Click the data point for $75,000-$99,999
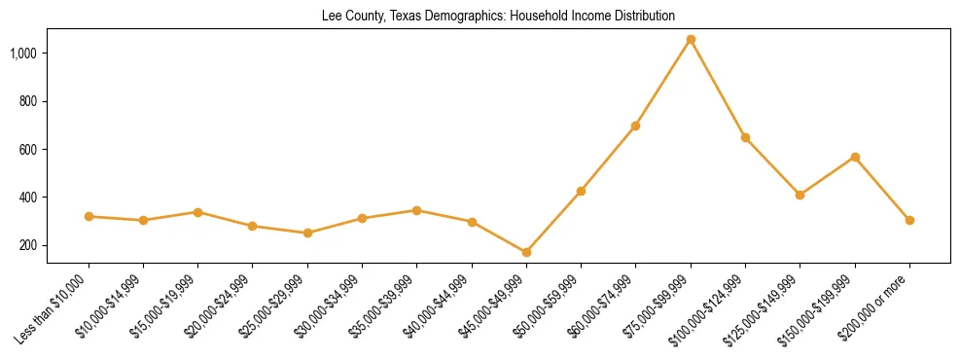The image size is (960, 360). pyautogui.click(x=691, y=40)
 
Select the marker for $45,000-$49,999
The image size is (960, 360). pyautogui.click(x=526, y=252)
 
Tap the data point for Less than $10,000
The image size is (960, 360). pyautogui.click(x=89, y=216)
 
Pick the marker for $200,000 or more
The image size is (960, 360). pyautogui.click(x=909, y=220)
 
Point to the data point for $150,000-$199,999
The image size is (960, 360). pyautogui.click(x=855, y=157)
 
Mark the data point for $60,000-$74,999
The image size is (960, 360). pyautogui.click(x=635, y=126)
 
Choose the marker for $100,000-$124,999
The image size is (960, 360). pyautogui.click(x=745, y=137)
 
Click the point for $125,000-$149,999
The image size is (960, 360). pyautogui.click(x=800, y=195)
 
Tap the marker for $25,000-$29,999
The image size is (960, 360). pyautogui.click(x=307, y=233)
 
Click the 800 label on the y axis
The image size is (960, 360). pyautogui.click(x=40, y=101)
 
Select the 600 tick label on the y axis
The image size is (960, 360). pyautogui.click(x=40, y=149)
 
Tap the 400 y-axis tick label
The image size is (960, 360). pyautogui.click(x=40, y=198)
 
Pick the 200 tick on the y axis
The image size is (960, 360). pyautogui.click(x=40, y=245)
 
